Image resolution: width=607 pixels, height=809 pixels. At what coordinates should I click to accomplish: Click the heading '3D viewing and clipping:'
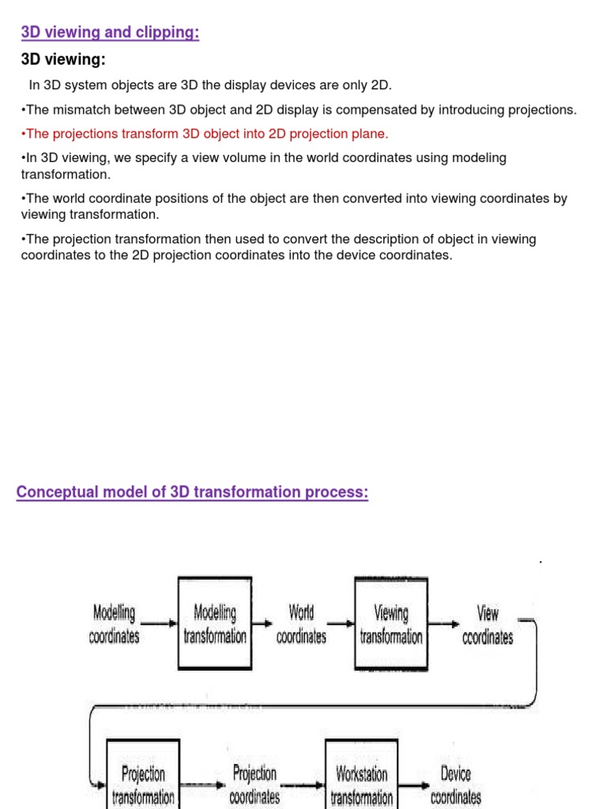[x=110, y=33]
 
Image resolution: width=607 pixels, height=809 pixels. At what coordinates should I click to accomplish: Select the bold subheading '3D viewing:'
[x=63, y=60]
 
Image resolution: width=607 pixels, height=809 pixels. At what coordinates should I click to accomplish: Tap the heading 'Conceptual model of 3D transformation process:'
[x=192, y=492]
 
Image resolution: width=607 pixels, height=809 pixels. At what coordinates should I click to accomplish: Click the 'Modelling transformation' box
[x=215, y=624]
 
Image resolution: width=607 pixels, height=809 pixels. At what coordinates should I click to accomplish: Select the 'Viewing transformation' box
[x=391, y=624]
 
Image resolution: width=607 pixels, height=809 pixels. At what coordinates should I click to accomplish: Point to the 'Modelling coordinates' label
[x=115, y=624]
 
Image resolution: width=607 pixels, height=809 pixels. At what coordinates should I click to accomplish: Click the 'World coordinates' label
[x=301, y=624]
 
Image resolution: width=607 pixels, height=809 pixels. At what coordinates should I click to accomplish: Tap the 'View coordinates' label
[x=488, y=624]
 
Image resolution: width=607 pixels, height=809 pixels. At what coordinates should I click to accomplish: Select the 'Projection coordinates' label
[x=254, y=784]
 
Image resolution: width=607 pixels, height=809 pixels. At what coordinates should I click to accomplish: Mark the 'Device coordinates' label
[x=455, y=784]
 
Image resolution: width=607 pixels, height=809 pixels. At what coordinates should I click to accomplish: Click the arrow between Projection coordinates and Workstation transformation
[x=303, y=785]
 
